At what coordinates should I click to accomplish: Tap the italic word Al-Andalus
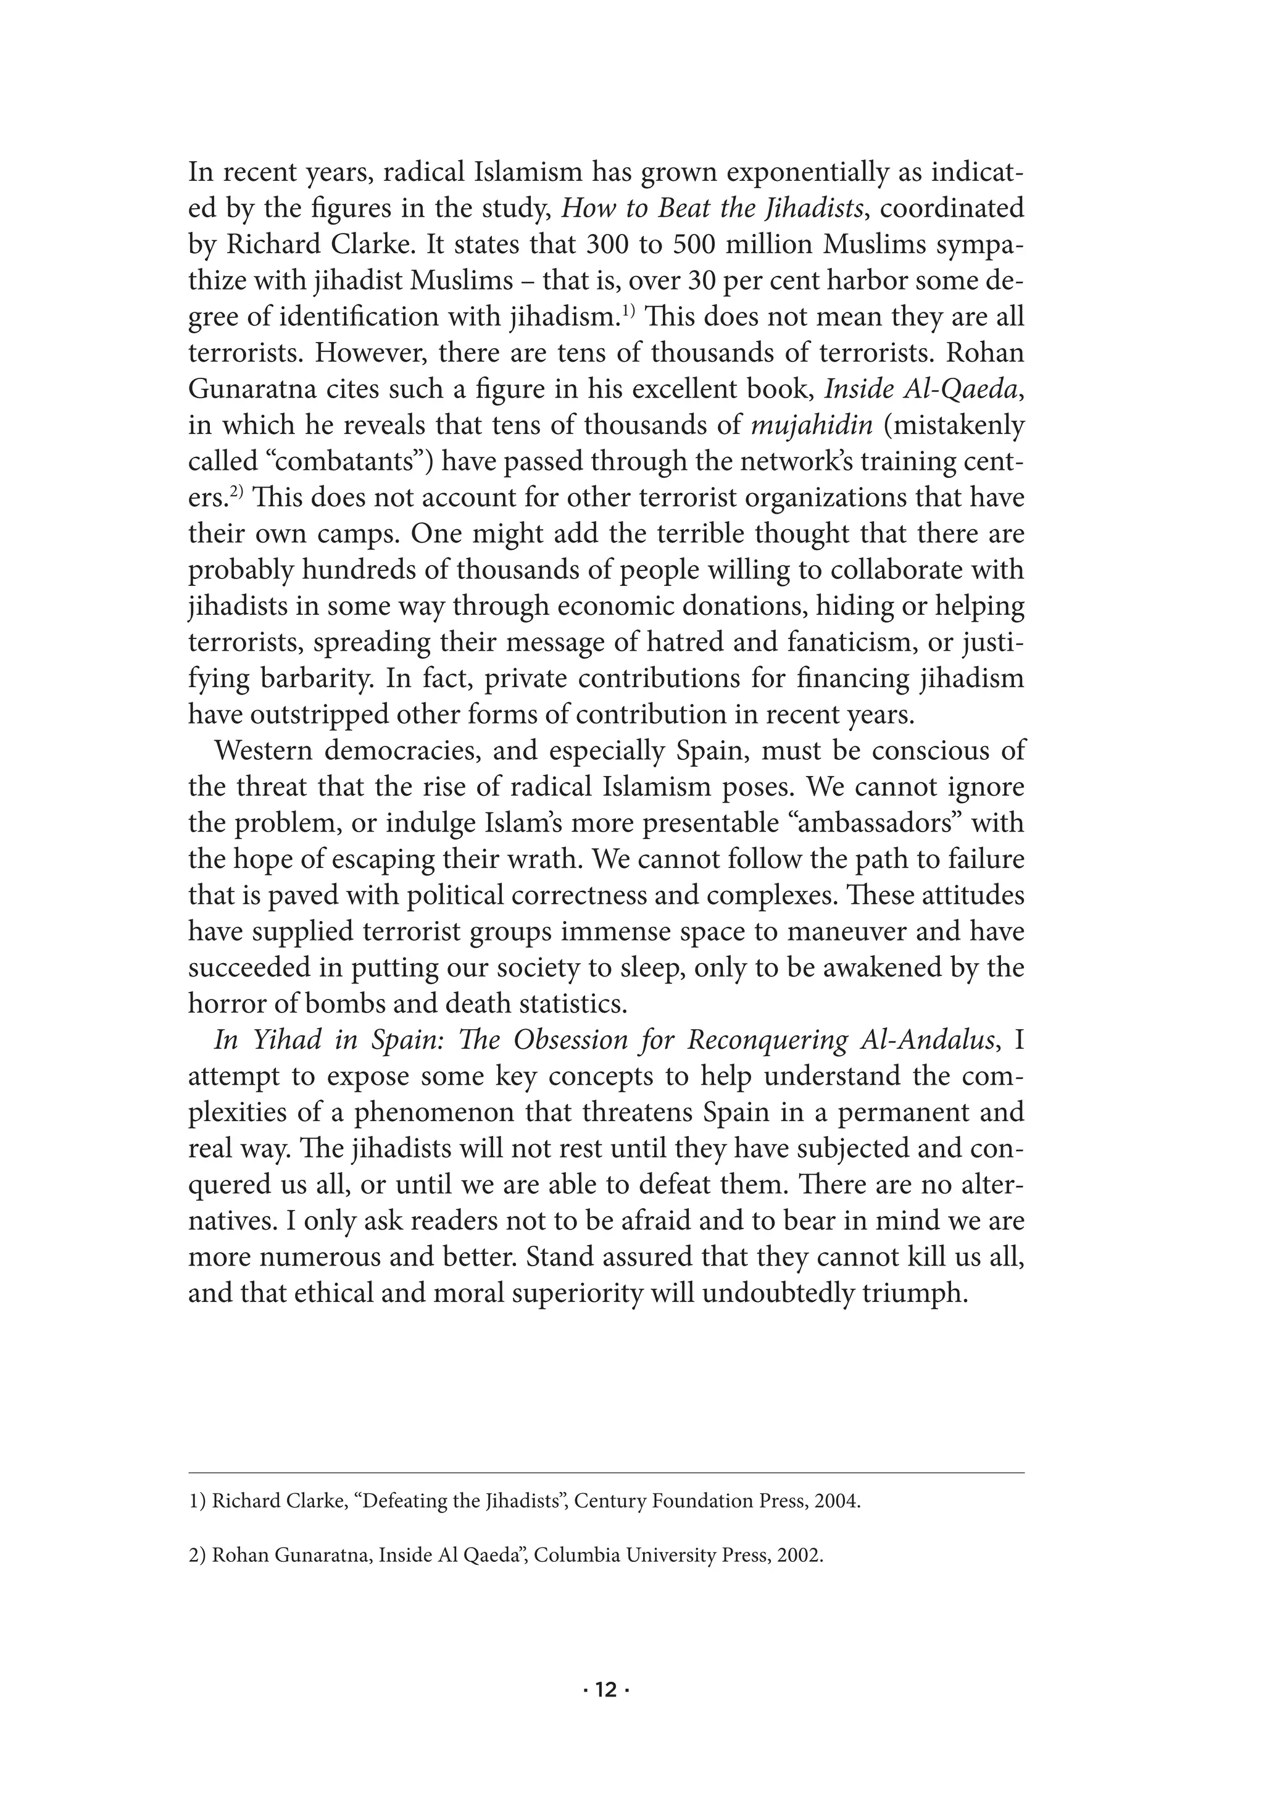pyautogui.click(x=926, y=1041)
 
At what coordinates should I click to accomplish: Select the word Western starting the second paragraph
pyautogui.click(x=262, y=751)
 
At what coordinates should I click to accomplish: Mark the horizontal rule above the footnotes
pyautogui.click(x=605, y=1474)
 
